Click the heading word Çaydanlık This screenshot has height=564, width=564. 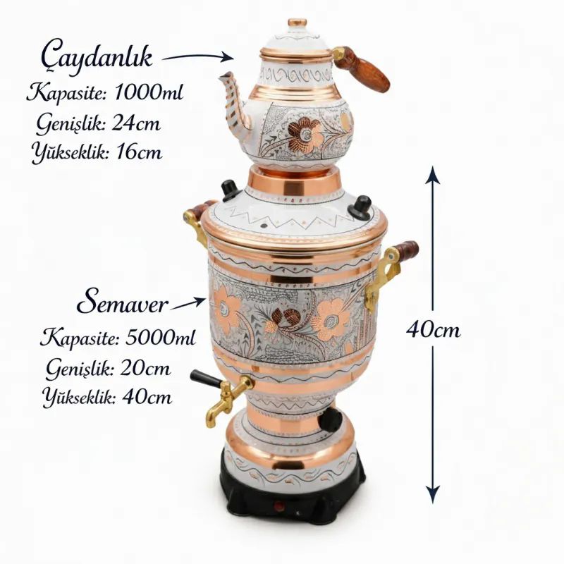click(x=97, y=58)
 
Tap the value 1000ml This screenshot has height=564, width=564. click(x=149, y=92)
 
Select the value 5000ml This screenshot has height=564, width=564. click(x=161, y=338)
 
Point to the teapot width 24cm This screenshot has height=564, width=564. click(x=136, y=123)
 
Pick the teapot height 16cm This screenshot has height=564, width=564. click(x=139, y=152)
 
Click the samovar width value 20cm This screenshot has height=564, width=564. click(x=145, y=368)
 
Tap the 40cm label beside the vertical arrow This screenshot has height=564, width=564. click(x=433, y=329)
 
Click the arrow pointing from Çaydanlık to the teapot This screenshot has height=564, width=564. click(x=198, y=56)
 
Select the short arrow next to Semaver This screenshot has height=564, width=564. click(x=188, y=304)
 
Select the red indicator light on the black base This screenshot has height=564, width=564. click(x=278, y=507)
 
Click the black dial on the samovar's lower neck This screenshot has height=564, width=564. click(x=331, y=419)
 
